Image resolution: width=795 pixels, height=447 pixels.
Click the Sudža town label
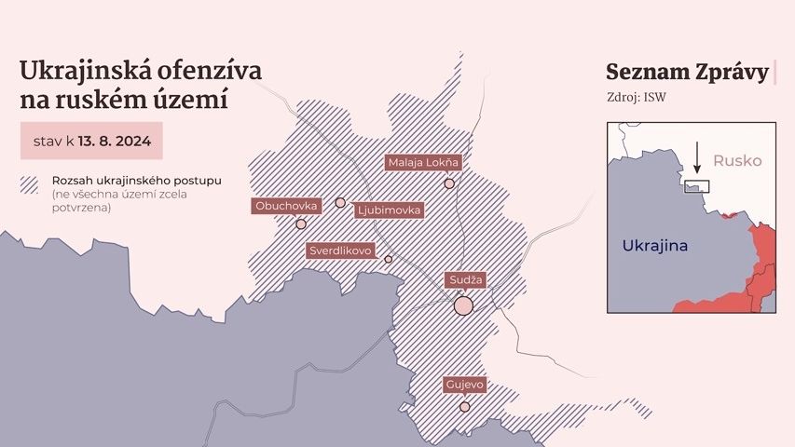coord(463,279)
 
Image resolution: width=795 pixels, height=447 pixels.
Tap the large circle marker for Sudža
coord(463,305)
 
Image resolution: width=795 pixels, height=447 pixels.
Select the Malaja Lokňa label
coord(423,163)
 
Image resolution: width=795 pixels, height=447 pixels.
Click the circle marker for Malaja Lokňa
coord(449,183)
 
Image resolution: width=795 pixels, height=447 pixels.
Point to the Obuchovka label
coord(285,205)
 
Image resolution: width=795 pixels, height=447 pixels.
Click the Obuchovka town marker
coord(301,223)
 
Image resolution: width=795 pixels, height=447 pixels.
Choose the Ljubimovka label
coord(389,210)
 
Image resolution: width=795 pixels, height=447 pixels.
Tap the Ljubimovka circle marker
coord(340,202)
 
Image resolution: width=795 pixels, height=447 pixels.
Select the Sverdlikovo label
coord(340,251)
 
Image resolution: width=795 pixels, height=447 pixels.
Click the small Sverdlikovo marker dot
coord(389,259)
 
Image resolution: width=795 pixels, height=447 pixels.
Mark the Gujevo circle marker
coord(464,406)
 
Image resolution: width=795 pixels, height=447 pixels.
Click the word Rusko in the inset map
coord(737,161)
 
